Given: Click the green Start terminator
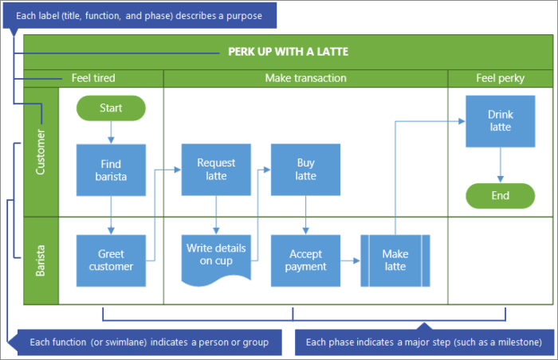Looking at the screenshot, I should pyautogui.click(x=111, y=108).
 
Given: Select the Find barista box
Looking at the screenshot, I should pyautogui.click(x=111, y=170).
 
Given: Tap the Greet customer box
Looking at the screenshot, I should pyautogui.click(x=111, y=260).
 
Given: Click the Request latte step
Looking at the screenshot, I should pyautogui.click(x=216, y=169).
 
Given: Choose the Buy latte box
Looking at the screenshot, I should pyautogui.click(x=305, y=169).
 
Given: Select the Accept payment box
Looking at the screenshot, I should pyautogui.click(x=305, y=260).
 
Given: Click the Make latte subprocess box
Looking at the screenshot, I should pyautogui.click(x=395, y=260).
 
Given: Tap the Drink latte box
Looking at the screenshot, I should pyautogui.click(x=500, y=121).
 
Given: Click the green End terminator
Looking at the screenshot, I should pyautogui.click(x=500, y=196).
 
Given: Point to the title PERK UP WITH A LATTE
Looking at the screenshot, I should pyautogui.click(x=288, y=52).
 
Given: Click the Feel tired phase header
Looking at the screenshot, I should pyautogui.click(x=93, y=78).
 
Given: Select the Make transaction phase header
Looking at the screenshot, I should pyautogui.click(x=305, y=78).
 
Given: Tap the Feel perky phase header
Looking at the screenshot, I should pyautogui.click(x=500, y=78).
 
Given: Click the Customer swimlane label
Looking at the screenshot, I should pyautogui.click(x=41, y=151).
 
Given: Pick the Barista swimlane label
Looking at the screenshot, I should pyautogui.click(x=41, y=260).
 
